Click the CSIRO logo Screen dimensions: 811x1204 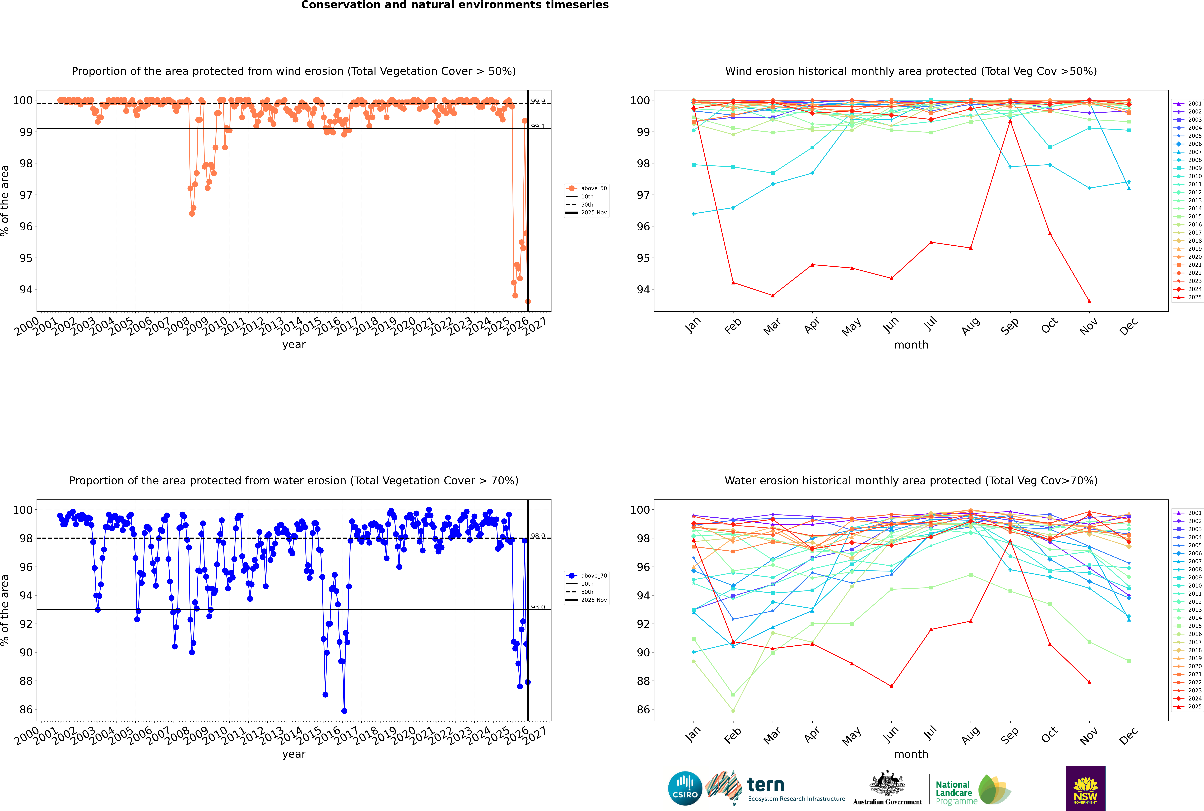coord(685,788)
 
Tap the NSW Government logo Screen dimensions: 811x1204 coord(1085,788)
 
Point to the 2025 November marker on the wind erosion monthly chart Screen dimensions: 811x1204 coord(1089,302)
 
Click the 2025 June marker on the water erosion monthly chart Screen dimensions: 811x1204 coord(891,686)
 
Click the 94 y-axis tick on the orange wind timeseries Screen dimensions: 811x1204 coord(26,290)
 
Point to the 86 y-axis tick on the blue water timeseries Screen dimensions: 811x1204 coord(26,710)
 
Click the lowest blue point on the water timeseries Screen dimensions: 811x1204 coord(344,711)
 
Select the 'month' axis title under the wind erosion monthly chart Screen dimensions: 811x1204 coord(911,345)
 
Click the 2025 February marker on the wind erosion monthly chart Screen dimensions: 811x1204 coord(733,283)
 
